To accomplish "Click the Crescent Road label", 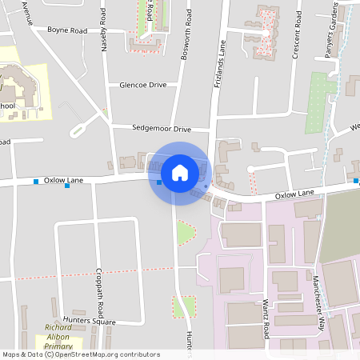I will pyautogui.click(x=298, y=37).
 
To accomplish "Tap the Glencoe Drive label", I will pyautogui.click(x=142, y=84).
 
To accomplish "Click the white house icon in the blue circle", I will pyautogui.click(x=180, y=172).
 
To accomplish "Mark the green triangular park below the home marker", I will pyautogui.click(x=185, y=234).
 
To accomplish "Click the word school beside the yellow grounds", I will pyautogui.click(x=6, y=106).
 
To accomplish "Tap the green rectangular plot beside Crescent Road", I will pyautogui.click(x=320, y=102).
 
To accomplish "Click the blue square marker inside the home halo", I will pyautogui.click(x=159, y=182).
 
